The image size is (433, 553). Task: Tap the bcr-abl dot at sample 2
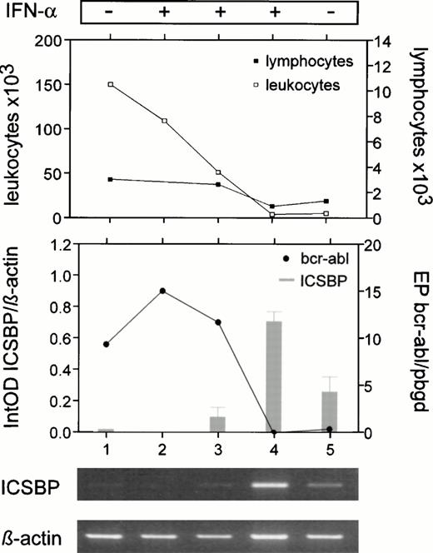point(162,291)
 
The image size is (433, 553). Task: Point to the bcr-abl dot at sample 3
point(218,322)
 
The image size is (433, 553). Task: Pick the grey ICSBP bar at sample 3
point(218,424)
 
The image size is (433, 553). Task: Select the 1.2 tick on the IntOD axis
point(55,246)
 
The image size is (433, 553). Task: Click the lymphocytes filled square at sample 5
point(326,201)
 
